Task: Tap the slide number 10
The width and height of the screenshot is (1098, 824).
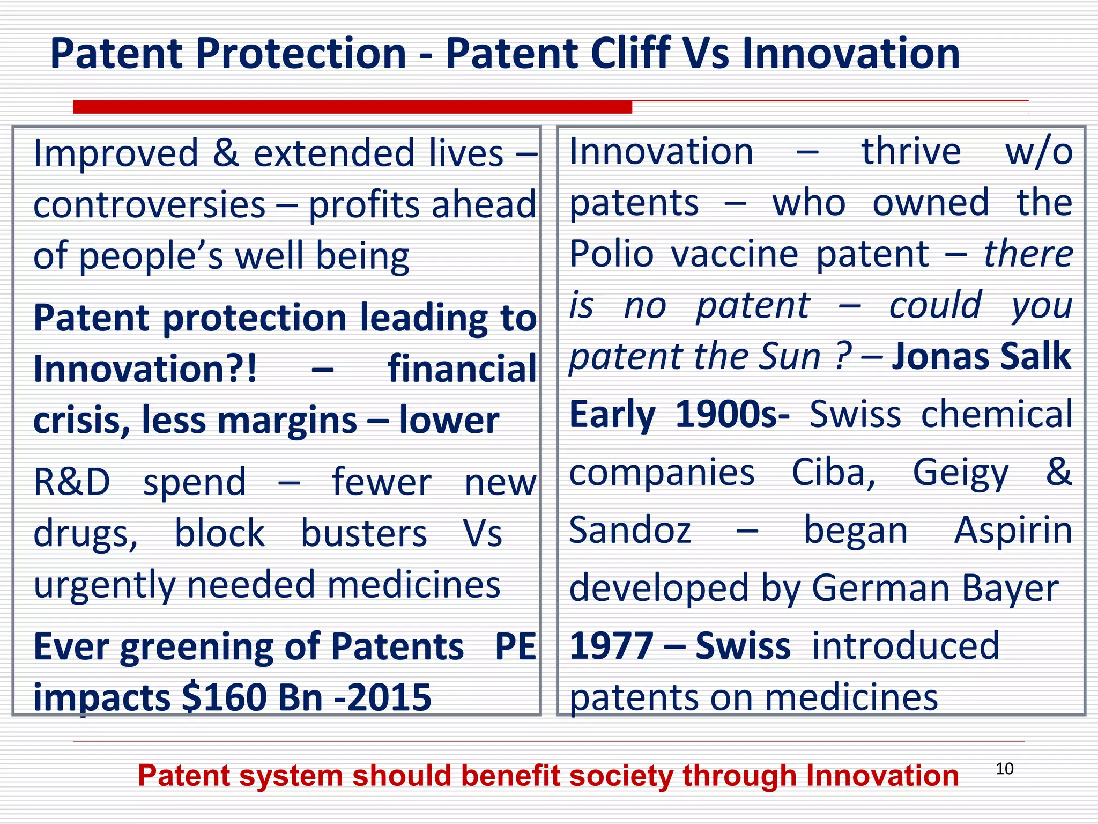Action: (x=1004, y=769)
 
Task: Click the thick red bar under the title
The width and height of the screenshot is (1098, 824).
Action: (x=352, y=107)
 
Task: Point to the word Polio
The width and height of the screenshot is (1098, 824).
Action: (x=611, y=254)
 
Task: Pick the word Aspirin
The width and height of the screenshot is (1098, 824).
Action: (x=1013, y=531)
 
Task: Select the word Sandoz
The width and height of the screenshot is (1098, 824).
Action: (x=630, y=531)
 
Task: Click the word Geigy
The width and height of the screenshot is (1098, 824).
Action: (x=961, y=473)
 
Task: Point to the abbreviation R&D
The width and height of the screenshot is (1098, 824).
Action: (x=72, y=482)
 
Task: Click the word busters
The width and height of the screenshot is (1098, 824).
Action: (x=363, y=534)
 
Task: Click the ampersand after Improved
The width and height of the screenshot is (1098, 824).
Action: (x=226, y=153)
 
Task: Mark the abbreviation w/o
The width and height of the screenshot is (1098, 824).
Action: (x=1038, y=152)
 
